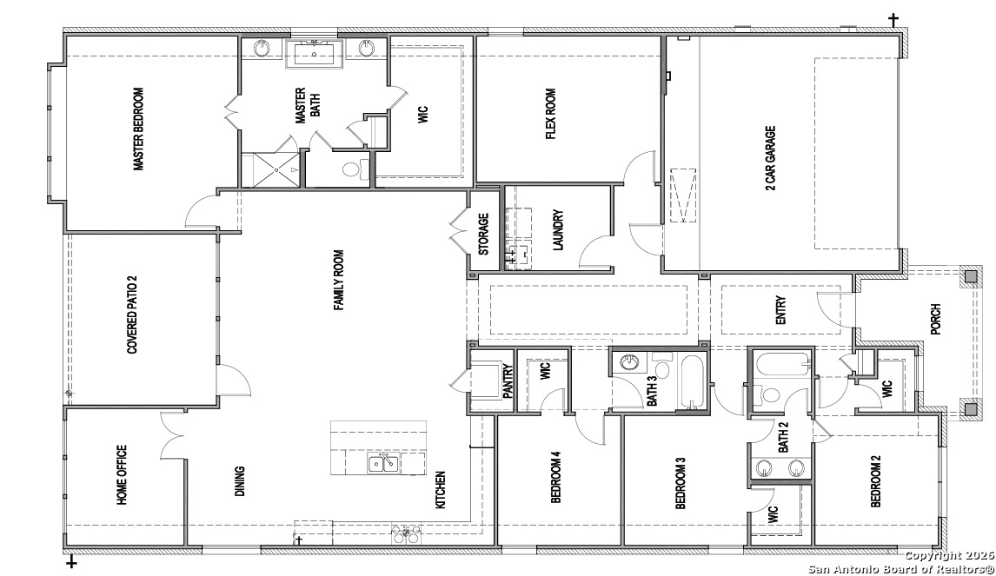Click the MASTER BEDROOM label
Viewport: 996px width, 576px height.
click(x=138, y=129)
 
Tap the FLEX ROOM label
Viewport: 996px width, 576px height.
click(x=551, y=115)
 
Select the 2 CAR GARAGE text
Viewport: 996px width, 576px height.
click(x=771, y=158)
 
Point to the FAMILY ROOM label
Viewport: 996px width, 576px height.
click(x=339, y=280)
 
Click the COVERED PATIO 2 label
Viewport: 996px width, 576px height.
click(x=133, y=314)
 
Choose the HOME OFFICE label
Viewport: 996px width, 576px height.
click(x=122, y=475)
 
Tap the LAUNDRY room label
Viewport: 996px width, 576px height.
click(x=558, y=230)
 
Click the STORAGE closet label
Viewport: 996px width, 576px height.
click(x=484, y=234)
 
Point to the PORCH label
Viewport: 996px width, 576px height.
click(x=935, y=320)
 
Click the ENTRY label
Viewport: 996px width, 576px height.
click(x=781, y=310)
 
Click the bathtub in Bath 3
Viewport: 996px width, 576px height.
click(x=692, y=381)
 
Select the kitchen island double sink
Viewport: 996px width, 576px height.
click(x=383, y=464)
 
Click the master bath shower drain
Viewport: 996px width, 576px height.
click(x=277, y=169)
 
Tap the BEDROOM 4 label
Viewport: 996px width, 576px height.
click(x=556, y=477)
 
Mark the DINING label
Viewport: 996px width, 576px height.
click(x=240, y=480)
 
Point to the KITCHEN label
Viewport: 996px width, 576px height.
click(x=440, y=490)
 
